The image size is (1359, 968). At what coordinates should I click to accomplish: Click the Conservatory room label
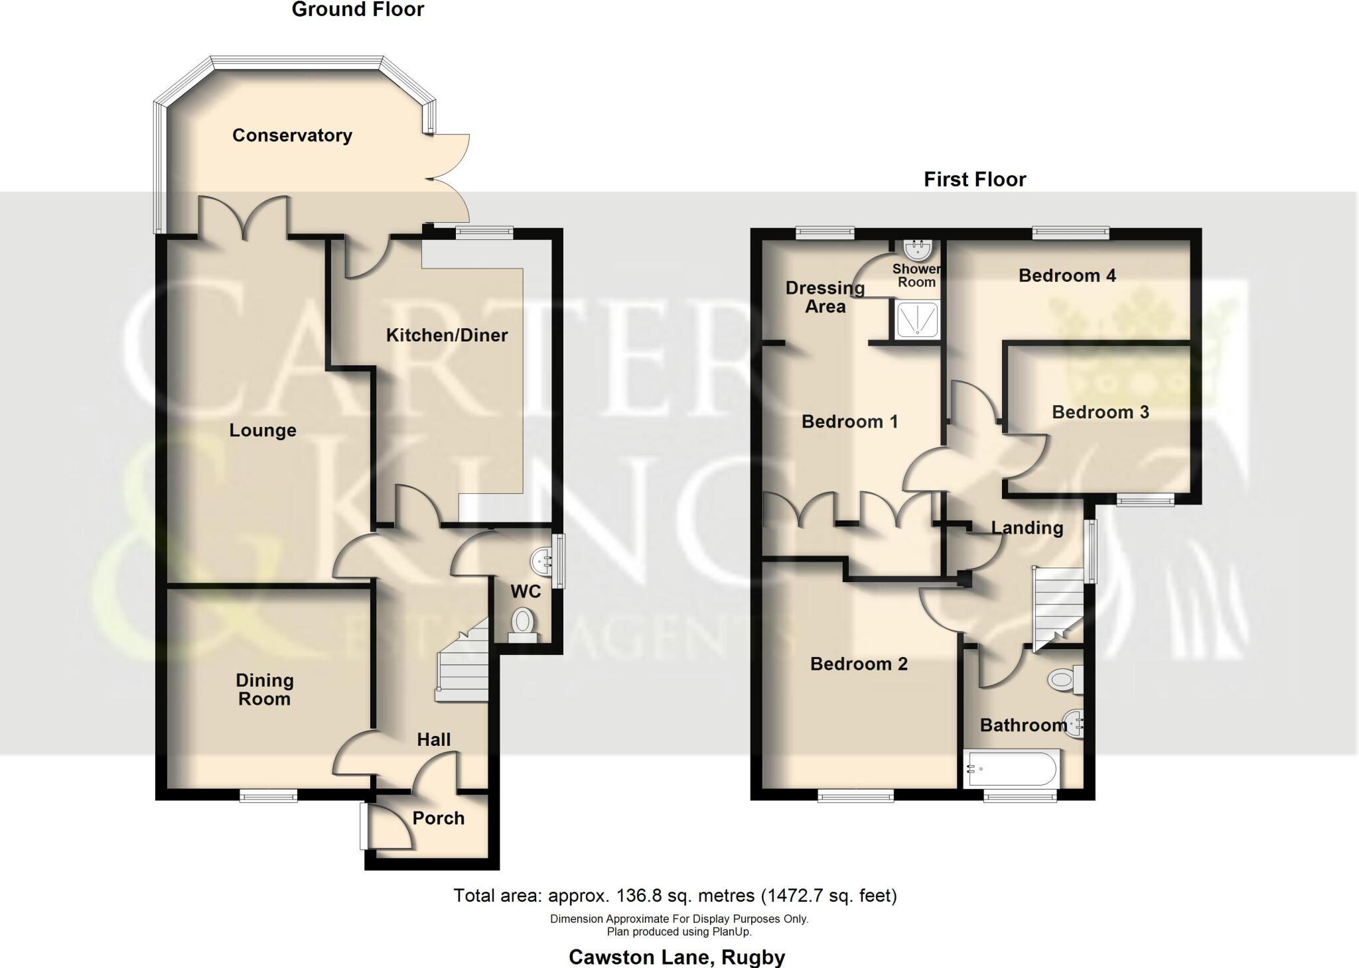tap(292, 135)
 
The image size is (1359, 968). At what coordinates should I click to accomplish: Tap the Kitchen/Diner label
tap(447, 335)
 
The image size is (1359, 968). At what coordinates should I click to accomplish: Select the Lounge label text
tap(263, 431)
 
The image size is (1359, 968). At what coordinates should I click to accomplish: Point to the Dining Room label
tap(264, 690)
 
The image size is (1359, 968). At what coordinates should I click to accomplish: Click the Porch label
tap(438, 818)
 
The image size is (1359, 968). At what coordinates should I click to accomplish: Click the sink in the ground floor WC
tap(542, 562)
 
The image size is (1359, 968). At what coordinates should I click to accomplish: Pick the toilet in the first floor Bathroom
tap(1063, 680)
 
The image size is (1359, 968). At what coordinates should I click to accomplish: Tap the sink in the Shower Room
tap(919, 249)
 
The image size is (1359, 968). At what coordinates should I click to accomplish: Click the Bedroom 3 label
tap(1100, 412)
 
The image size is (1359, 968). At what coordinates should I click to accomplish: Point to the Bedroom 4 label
tap(1067, 276)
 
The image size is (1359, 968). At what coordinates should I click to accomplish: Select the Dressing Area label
tap(825, 297)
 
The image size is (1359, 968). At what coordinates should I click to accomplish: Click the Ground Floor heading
tap(358, 10)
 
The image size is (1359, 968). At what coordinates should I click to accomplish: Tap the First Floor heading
tap(975, 180)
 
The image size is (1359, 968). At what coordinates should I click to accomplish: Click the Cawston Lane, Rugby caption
tap(677, 957)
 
